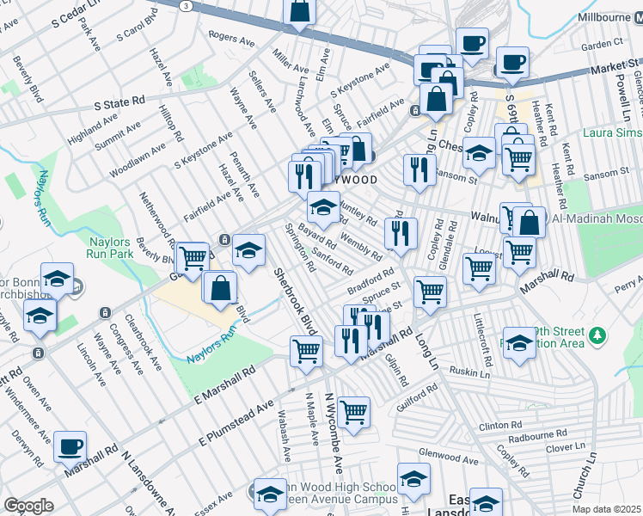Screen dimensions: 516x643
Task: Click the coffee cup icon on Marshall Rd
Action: click(x=70, y=447)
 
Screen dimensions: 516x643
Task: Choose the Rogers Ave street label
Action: click(x=233, y=38)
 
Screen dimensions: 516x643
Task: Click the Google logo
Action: click(x=28, y=506)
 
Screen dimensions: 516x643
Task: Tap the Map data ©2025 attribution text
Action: click(x=607, y=509)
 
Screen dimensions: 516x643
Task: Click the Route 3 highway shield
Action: click(x=185, y=5)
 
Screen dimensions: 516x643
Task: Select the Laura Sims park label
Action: click(x=611, y=133)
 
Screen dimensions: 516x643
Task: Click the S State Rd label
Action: click(x=119, y=102)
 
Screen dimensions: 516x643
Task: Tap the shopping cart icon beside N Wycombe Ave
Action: click(x=353, y=413)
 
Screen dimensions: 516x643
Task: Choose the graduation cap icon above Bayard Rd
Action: click(x=322, y=206)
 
